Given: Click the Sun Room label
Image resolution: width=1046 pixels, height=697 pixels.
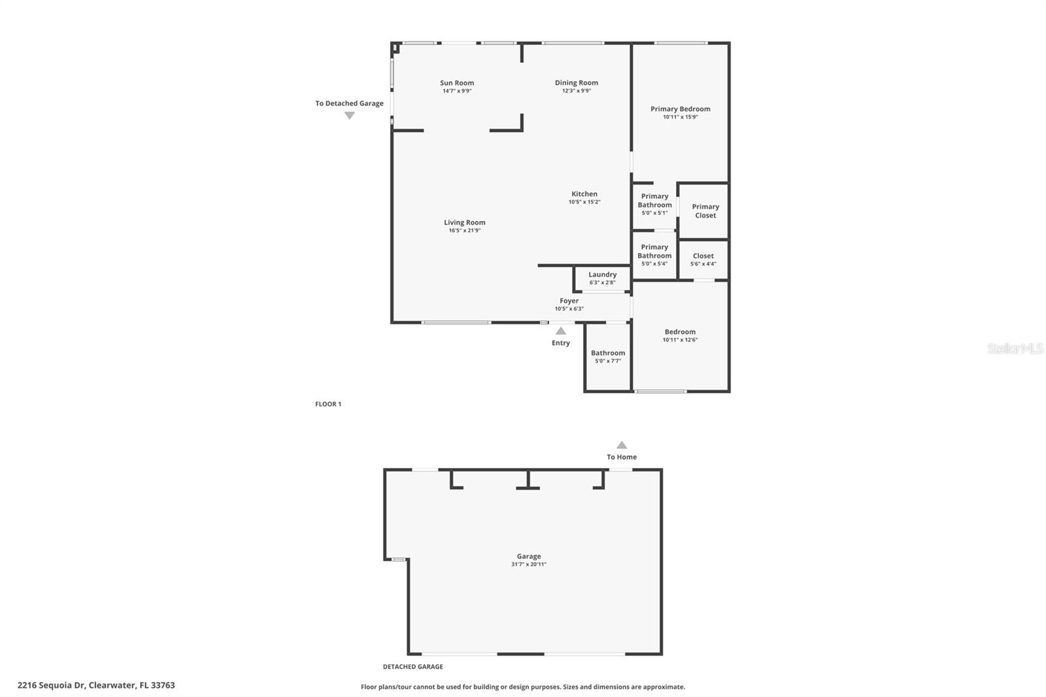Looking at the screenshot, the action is click(x=457, y=82).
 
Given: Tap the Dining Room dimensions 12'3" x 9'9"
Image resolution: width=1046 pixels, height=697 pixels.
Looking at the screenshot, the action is click(x=576, y=91).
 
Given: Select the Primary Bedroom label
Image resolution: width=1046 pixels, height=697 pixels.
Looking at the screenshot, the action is click(x=681, y=109).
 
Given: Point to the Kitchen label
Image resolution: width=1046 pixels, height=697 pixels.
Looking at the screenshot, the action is click(x=584, y=194).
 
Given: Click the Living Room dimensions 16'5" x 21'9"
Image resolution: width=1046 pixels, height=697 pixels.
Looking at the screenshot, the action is click(x=465, y=230).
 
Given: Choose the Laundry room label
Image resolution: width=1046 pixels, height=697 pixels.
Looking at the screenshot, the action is click(x=602, y=275).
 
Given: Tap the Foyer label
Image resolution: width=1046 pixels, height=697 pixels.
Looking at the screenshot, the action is click(x=569, y=301).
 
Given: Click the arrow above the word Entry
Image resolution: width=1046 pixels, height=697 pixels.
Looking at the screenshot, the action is click(x=560, y=331).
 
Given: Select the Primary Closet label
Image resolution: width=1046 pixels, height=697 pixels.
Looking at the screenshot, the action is click(x=705, y=211).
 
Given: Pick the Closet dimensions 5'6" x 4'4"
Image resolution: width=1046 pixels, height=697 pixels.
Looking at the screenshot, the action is click(x=703, y=264).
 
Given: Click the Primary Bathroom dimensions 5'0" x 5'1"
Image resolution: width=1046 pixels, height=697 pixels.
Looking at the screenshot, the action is click(x=654, y=213).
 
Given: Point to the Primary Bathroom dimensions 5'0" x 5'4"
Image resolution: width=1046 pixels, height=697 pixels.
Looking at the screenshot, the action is click(x=654, y=264).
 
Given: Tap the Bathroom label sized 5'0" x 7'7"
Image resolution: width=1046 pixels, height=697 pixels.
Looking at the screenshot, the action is click(x=608, y=353).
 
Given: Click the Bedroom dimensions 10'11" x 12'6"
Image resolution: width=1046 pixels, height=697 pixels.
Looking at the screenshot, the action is click(x=680, y=339).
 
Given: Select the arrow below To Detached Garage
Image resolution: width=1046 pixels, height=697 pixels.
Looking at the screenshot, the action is click(x=349, y=115).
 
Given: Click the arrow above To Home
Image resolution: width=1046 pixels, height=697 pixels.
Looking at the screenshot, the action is click(x=622, y=445).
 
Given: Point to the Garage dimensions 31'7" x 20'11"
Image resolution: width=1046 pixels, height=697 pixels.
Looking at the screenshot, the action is click(x=529, y=564).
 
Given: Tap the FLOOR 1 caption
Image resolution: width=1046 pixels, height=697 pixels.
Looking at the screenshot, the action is click(x=328, y=404).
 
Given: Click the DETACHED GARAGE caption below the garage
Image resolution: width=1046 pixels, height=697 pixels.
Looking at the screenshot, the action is click(x=413, y=667).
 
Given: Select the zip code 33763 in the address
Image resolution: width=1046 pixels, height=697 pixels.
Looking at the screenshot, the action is click(x=163, y=685).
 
